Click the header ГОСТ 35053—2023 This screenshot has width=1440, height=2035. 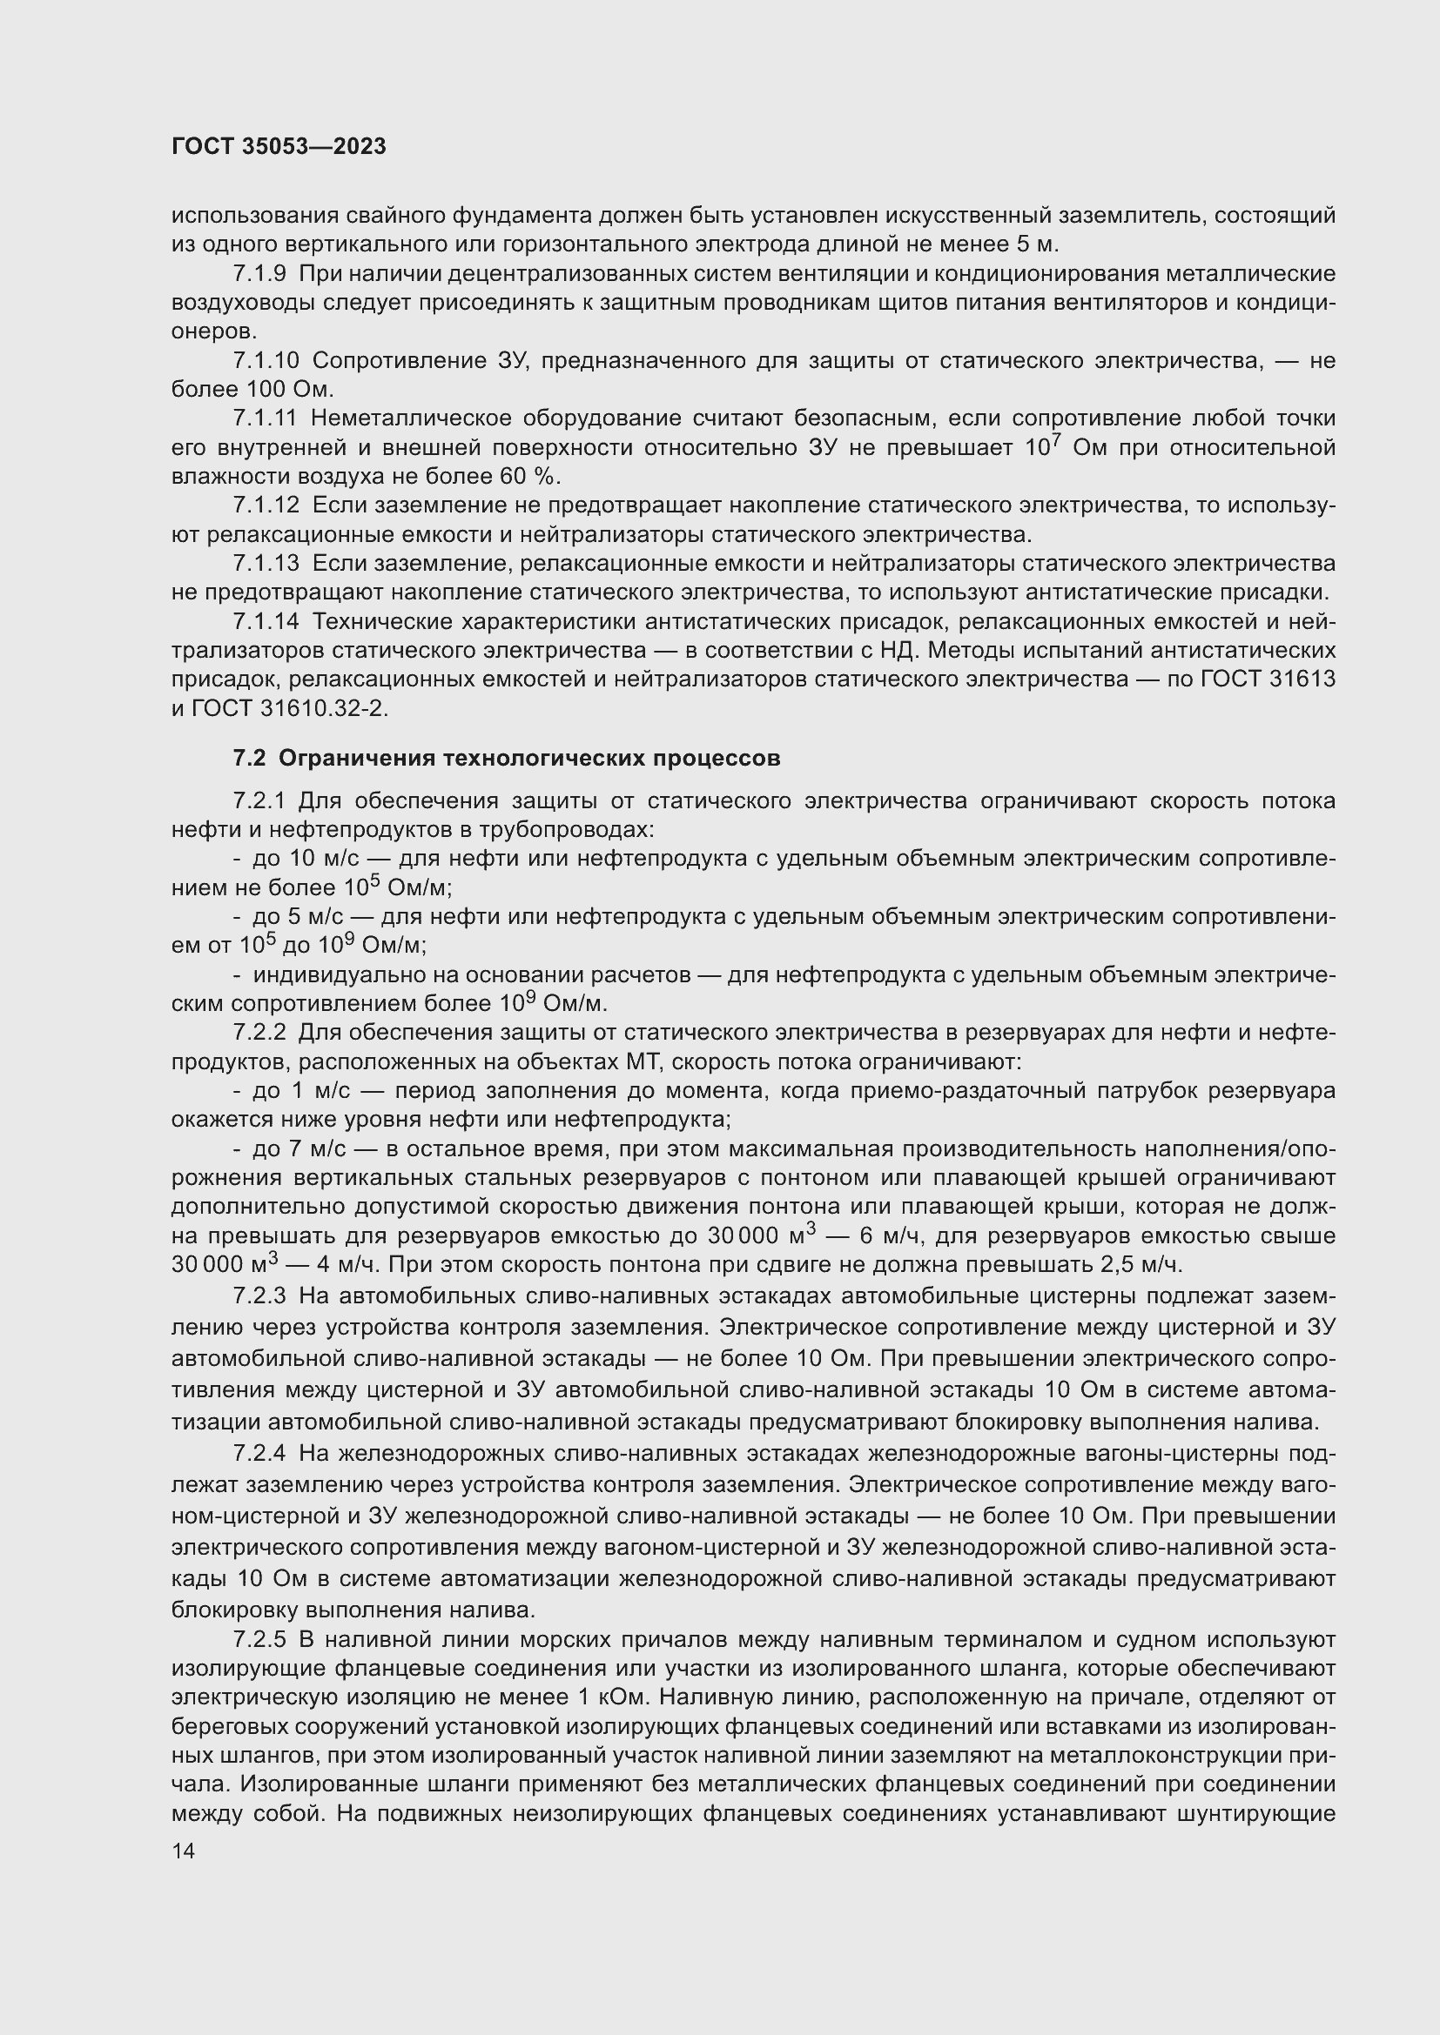tap(279, 147)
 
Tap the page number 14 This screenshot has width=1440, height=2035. tap(184, 1851)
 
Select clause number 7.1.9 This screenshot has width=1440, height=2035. tap(259, 274)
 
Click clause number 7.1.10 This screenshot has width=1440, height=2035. tap(266, 361)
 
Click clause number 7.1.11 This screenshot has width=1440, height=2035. tap(266, 418)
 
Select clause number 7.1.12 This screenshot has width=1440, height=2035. tap(266, 505)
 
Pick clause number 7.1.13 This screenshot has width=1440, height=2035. tap(266, 563)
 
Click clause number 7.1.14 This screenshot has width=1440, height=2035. tap(266, 621)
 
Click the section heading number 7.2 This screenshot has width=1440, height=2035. tap(249, 758)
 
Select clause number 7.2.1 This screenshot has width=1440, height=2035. tap(259, 801)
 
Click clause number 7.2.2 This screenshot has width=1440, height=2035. tap(259, 1033)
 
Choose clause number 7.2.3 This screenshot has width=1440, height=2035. tap(259, 1296)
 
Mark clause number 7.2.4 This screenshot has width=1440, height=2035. tap(259, 1454)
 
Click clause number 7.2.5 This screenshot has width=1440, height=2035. tap(259, 1640)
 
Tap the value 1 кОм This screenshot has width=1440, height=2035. tap(612, 1697)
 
